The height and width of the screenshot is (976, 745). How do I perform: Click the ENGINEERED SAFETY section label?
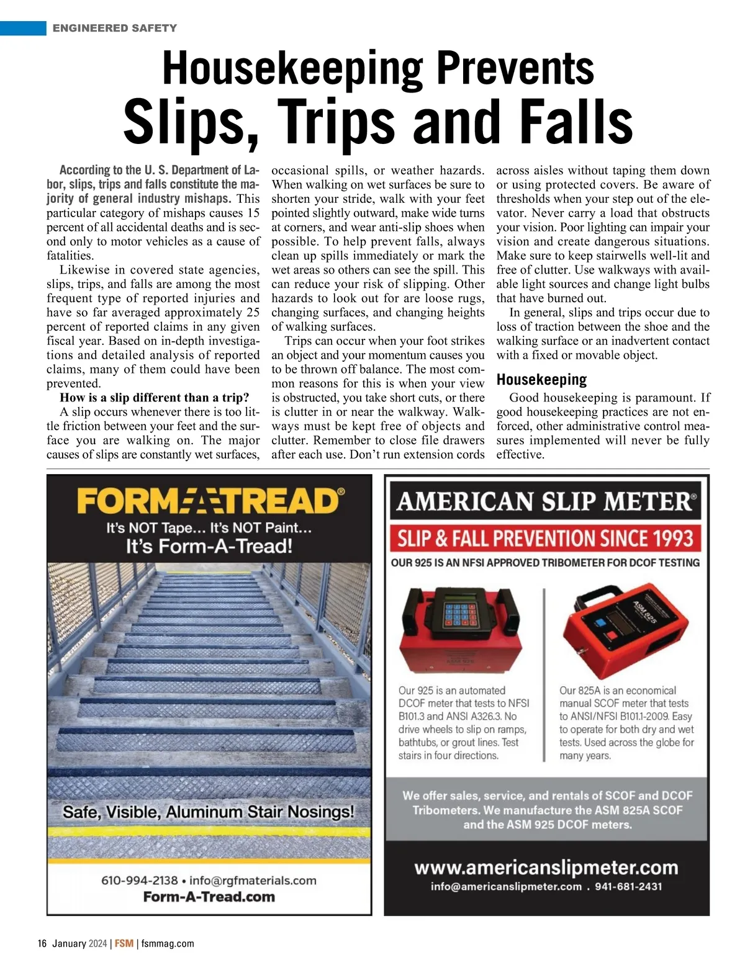(115, 28)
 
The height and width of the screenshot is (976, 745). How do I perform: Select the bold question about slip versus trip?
(155, 398)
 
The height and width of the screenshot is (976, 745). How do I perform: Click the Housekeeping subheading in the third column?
(541, 379)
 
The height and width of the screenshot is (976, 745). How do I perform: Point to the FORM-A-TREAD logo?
(210, 501)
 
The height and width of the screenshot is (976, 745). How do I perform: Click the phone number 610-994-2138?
(139, 880)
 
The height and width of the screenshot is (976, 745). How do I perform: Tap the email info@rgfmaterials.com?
(253, 880)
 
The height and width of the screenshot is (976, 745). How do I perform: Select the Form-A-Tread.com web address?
(209, 897)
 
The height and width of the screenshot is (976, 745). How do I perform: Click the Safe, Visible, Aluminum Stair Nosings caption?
(209, 812)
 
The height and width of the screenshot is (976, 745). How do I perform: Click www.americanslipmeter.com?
(546, 867)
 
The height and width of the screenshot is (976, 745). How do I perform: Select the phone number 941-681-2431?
(628, 887)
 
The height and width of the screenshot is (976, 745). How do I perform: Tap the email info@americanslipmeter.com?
(506, 887)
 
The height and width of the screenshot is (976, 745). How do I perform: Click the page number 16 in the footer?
(42, 944)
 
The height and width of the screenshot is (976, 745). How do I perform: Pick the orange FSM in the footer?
(124, 944)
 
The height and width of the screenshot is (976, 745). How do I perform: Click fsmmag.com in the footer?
(168, 944)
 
